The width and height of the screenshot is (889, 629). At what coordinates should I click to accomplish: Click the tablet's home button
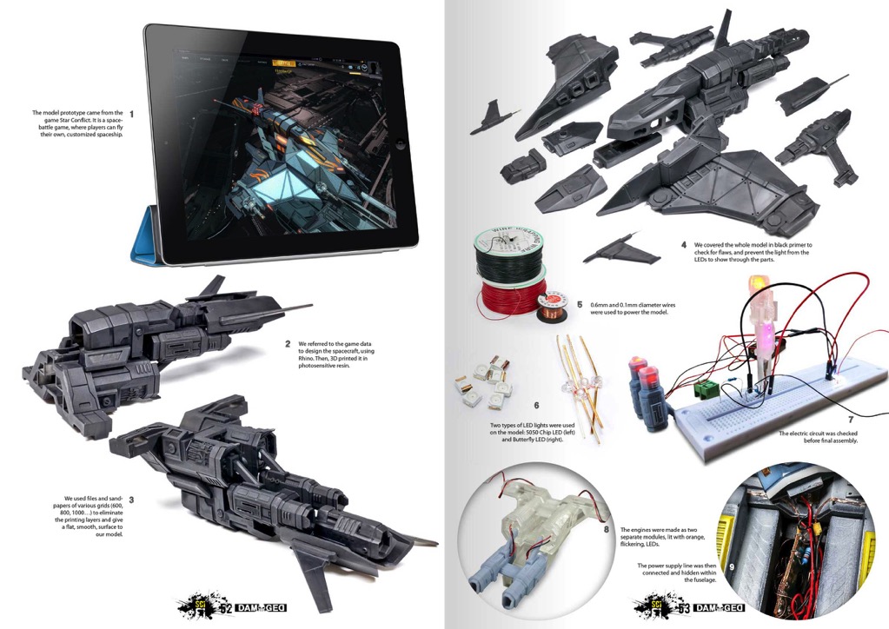(401, 145)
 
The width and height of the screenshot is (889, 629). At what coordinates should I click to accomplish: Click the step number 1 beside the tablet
(131, 114)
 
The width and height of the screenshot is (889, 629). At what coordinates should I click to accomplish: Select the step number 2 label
(288, 344)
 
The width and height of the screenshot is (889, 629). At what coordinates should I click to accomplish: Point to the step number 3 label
(131, 500)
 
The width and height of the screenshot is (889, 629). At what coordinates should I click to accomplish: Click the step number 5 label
(580, 305)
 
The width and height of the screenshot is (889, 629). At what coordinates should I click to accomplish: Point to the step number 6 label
(536, 406)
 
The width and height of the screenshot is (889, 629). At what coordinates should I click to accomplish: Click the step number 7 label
(851, 420)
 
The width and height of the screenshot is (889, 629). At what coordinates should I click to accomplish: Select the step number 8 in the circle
(606, 530)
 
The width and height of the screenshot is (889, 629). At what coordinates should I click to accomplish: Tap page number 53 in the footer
(684, 609)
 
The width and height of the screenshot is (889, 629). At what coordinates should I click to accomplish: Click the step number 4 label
(684, 245)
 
